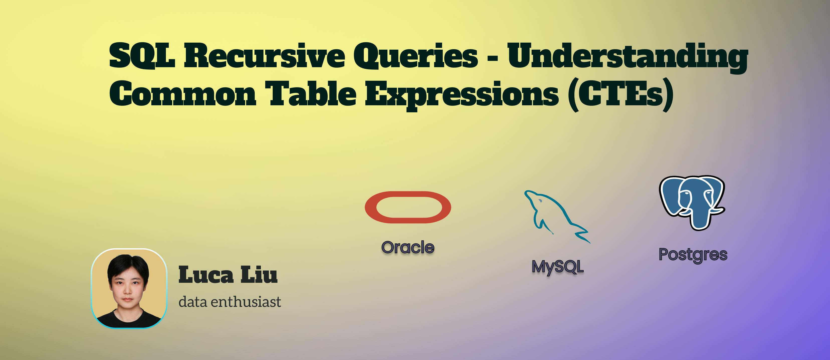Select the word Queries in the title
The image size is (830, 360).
coord(416,56)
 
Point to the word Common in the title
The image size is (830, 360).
coord(183,94)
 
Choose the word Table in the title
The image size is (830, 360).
coord(311,94)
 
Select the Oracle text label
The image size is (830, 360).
coord(407,247)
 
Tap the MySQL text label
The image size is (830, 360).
coord(557,267)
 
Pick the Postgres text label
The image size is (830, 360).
coord(693,255)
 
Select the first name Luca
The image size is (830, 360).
coord(205,275)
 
